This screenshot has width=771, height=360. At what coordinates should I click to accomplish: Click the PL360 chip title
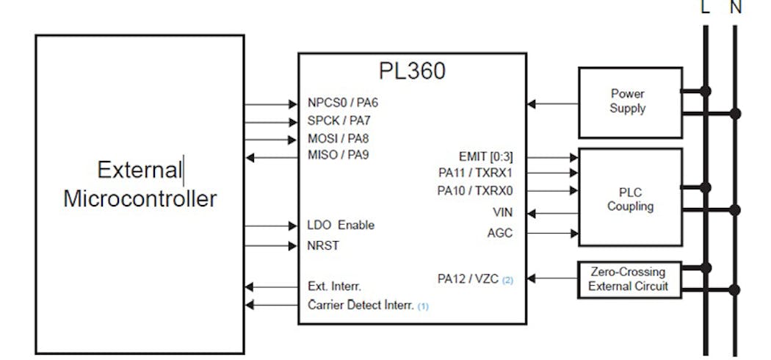point(412,71)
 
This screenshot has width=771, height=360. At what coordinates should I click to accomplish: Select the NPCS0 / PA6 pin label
point(343,104)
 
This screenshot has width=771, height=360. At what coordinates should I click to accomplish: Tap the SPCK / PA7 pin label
point(342,120)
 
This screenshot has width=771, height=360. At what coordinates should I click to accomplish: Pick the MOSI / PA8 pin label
point(342,137)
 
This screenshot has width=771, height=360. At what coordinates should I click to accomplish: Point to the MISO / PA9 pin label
point(342,154)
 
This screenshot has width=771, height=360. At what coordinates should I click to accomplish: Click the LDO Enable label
point(341,225)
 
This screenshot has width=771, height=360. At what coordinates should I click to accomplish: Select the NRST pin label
point(323,245)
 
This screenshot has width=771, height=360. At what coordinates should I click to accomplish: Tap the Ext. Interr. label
point(334,286)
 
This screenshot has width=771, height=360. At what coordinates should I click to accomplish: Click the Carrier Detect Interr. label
point(361,304)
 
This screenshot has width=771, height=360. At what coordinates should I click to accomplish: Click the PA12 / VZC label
point(468,278)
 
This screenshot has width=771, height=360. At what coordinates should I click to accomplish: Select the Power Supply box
point(629,102)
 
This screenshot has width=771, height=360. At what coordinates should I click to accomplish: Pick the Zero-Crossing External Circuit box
point(629,278)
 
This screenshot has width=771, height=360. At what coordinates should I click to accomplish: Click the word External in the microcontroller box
point(139,170)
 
